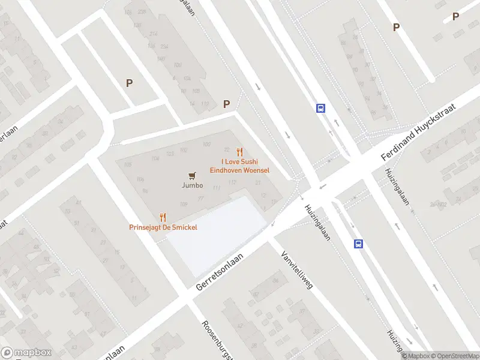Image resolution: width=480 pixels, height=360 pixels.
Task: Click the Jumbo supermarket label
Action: point(192,185)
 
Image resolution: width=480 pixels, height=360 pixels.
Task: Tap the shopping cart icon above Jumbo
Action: point(192,175)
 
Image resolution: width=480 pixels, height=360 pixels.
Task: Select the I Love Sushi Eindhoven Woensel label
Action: point(239,166)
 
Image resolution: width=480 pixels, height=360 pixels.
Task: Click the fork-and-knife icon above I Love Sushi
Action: point(239,152)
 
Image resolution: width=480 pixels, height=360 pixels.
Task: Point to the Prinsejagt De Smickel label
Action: point(163,227)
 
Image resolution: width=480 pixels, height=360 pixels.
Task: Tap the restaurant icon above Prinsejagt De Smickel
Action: point(163,217)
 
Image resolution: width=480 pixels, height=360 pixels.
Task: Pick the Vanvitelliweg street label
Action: point(297,270)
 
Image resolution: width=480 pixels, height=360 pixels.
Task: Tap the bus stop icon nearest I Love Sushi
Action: point(321,109)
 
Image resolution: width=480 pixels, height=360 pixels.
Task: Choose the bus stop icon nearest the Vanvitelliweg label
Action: point(358,244)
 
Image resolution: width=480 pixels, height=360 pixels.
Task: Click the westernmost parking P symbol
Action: point(129,83)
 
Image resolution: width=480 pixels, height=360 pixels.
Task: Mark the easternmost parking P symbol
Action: point(455,17)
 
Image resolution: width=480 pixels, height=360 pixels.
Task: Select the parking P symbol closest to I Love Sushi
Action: point(226,104)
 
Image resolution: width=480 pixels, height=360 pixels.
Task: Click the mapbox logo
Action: point(26,352)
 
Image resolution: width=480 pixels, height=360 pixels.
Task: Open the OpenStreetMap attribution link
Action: point(453,356)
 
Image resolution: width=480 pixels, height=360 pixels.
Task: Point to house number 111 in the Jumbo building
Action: point(217,189)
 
